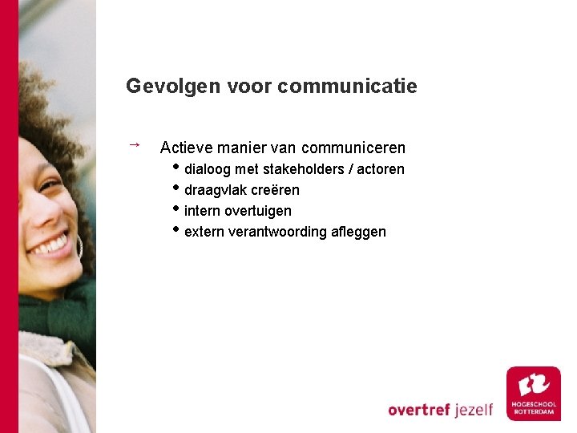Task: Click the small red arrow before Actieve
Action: click(135, 144)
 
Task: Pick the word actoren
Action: click(381, 169)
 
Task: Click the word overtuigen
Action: click(258, 211)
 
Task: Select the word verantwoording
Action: click(277, 232)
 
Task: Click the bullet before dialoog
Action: click(177, 168)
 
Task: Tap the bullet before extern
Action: click(177, 230)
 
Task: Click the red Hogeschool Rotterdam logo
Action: click(533, 393)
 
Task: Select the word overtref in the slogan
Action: click(419, 410)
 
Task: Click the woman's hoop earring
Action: click(79, 245)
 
